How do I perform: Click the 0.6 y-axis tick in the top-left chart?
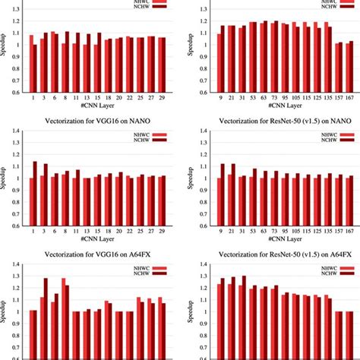[x=18, y=93]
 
